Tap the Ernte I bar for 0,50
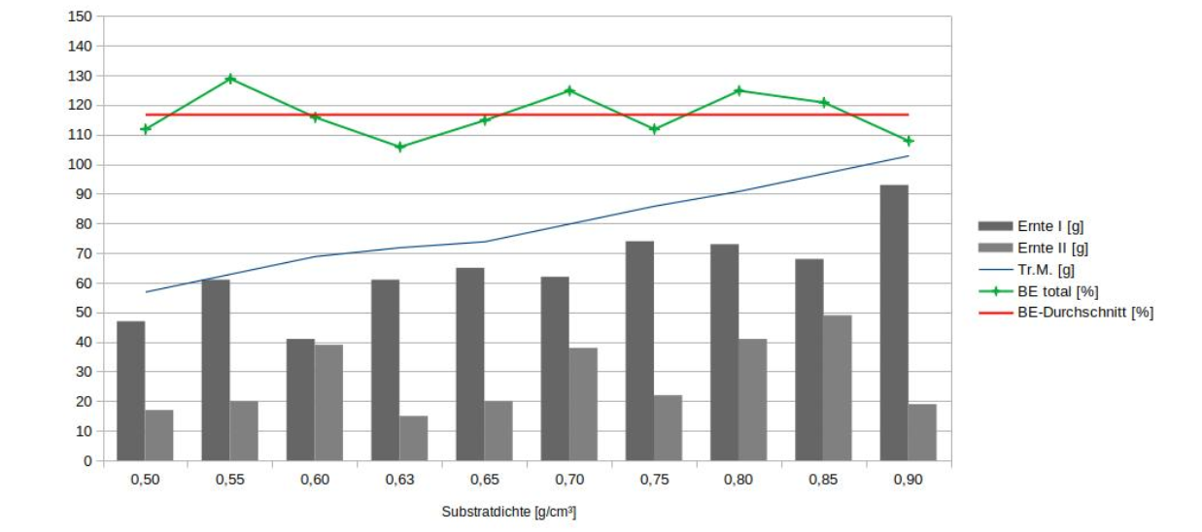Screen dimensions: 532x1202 pos(131,390)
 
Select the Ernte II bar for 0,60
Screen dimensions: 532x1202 pos(328,402)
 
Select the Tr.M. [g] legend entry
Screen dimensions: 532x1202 pos(1046,269)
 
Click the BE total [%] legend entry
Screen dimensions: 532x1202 pos(1057,291)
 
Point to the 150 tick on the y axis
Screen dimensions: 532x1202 pos(81,17)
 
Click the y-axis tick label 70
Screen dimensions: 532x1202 pos(85,253)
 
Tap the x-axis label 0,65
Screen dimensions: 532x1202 pos(484,481)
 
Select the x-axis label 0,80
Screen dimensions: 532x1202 pos(738,481)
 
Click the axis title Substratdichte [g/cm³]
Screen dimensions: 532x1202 pos(508,512)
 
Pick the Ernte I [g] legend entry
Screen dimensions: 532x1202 pos(1048,226)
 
